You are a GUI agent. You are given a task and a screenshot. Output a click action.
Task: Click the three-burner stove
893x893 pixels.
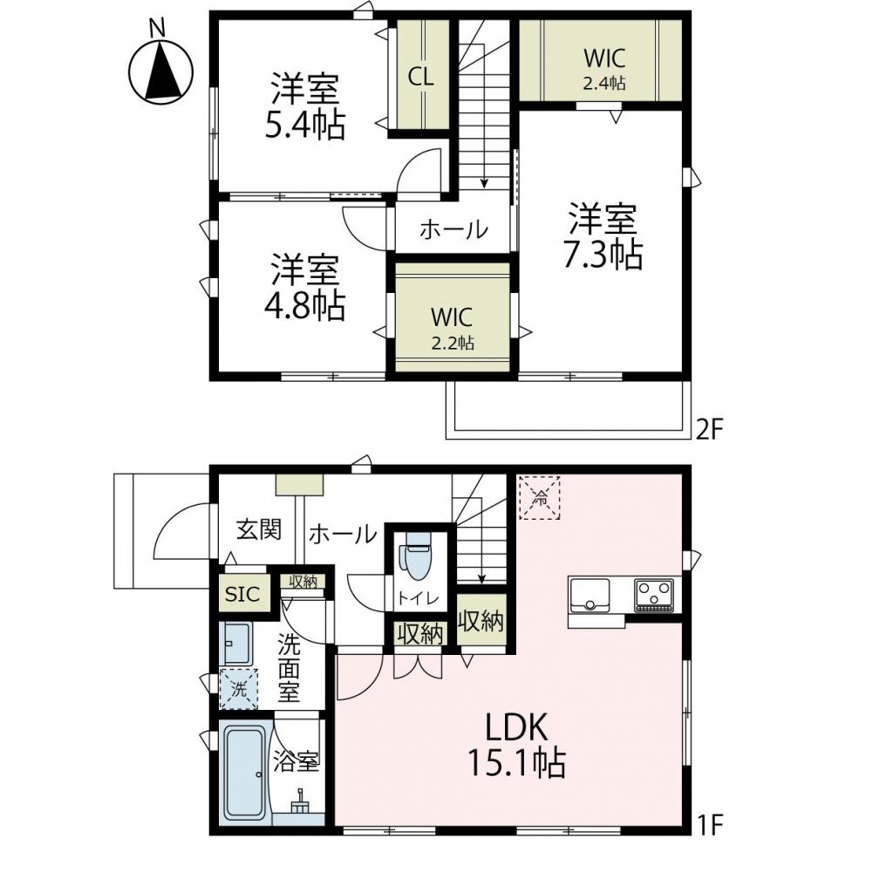pos(654,595)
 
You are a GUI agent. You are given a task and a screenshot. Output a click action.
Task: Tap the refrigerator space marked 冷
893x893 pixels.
pos(541,498)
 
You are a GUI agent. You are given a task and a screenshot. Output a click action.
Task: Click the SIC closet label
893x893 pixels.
pos(242,595)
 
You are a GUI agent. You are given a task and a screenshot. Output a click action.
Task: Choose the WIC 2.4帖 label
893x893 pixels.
pos(604,67)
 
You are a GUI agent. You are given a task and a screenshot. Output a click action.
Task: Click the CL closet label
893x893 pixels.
pos(420,76)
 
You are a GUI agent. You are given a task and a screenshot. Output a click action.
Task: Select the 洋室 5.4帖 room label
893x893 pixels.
pos(304,106)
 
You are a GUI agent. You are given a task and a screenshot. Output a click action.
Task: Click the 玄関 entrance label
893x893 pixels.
pos(259,529)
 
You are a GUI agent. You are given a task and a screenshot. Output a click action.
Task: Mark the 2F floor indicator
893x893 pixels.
pos(711,429)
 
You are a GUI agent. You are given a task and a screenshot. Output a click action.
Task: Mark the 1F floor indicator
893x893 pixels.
pos(711,823)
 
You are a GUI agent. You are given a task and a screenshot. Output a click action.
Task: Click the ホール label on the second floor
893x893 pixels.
pos(453,230)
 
